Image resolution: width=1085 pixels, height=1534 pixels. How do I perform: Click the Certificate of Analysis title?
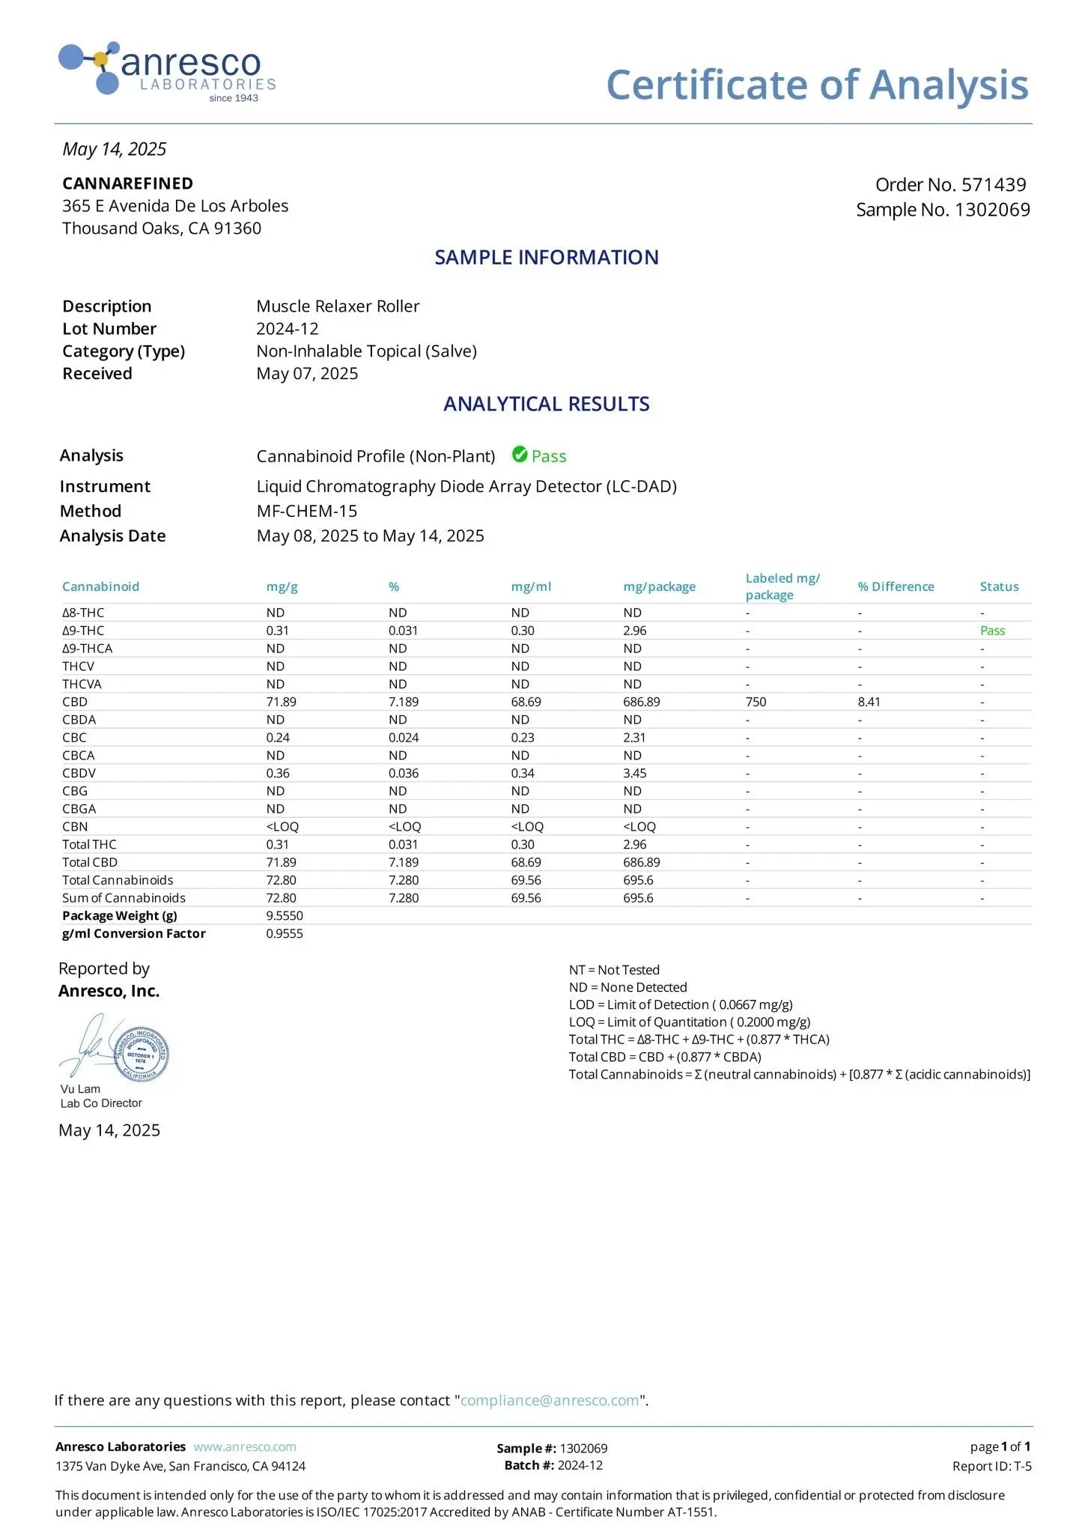817,85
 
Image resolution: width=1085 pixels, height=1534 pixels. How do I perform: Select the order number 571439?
993,185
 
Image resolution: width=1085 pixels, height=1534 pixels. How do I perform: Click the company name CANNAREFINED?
127,184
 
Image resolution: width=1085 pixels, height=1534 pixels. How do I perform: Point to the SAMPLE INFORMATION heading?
547,258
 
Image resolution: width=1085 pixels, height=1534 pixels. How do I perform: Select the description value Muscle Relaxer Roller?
338,306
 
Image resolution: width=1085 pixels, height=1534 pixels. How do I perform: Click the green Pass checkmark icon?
520,455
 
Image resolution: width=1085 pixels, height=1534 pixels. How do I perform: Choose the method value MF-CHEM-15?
307,511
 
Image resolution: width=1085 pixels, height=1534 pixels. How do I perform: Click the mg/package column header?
659,586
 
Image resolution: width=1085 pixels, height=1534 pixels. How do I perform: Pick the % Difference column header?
896,586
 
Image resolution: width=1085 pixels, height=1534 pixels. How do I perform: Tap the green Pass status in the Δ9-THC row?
992,631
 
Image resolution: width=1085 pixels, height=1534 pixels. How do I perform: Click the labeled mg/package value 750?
756,702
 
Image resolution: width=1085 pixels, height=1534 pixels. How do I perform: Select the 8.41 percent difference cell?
869,702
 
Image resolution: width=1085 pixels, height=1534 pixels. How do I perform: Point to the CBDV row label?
79,773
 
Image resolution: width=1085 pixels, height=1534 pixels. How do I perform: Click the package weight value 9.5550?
285,915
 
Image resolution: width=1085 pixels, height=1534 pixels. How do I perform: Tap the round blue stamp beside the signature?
142,1054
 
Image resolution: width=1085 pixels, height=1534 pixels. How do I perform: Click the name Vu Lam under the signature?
80,1089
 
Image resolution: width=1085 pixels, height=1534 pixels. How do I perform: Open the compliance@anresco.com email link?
550,1401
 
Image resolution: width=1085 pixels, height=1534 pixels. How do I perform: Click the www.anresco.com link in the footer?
245,1447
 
